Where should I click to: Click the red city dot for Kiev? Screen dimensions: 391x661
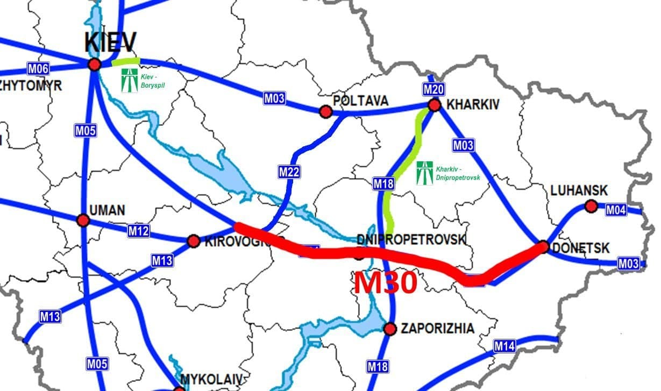tap(95, 65)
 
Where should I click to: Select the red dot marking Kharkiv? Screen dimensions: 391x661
tap(434, 105)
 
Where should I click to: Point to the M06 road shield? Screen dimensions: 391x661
tap(38, 68)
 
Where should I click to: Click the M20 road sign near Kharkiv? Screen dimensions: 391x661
tap(433, 89)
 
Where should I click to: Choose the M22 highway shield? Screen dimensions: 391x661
tap(289, 172)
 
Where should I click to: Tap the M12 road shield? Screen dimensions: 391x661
tap(138, 231)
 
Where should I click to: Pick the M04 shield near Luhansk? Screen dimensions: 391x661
tap(616, 210)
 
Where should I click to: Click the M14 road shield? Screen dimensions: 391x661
tap(504, 346)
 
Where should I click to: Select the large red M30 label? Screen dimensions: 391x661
tap(385, 282)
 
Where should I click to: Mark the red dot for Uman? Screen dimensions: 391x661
tap(83, 220)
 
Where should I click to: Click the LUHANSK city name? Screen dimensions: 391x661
tap(579, 190)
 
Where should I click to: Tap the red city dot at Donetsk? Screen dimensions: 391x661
tap(543, 247)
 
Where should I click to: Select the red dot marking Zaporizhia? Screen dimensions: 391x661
tap(390, 329)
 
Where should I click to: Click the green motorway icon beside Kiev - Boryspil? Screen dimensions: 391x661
tap(129, 80)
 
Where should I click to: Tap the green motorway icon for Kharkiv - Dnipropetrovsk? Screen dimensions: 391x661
tap(424, 172)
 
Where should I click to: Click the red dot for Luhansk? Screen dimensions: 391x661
tap(591, 206)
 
